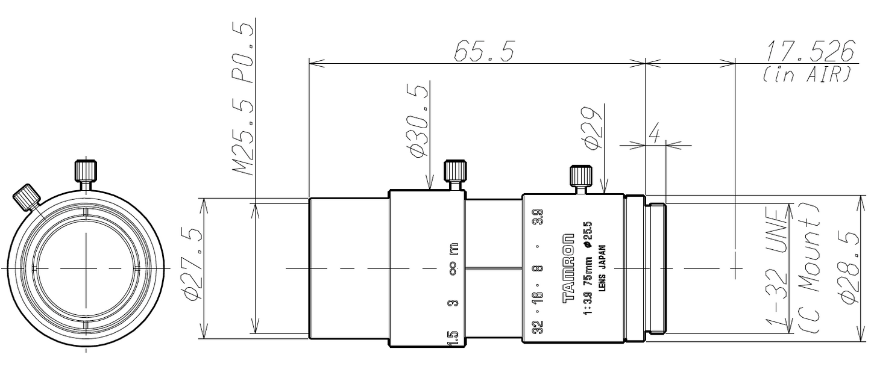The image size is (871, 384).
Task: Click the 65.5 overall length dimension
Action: [484, 52]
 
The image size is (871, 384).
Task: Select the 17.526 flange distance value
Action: [810, 51]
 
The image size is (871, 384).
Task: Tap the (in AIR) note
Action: [807, 75]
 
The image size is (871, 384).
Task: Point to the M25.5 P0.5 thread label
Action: [244, 99]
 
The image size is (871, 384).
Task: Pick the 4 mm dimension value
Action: [654, 134]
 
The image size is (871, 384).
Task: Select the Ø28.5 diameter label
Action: [852, 268]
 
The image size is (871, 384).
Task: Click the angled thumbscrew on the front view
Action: [26, 197]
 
